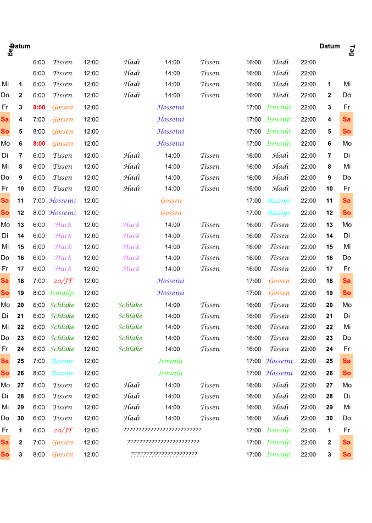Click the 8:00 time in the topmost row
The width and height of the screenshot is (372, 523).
[x=38, y=107]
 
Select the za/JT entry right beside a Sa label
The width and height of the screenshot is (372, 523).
[x=63, y=281]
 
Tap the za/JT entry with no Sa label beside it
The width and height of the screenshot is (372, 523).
[x=63, y=431]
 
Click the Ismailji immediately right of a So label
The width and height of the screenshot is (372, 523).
[x=62, y=293]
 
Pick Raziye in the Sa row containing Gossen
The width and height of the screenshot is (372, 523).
[x=279, y=201]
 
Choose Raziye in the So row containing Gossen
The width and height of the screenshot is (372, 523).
[x=279, y=213]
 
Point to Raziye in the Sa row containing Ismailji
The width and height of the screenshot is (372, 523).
[x=62, y=361]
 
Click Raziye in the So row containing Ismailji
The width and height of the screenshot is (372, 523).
[x=62, y=373]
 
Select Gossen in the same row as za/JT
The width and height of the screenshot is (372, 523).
[x=279, y=281]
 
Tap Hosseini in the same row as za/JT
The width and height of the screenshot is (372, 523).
[x=170, y=281]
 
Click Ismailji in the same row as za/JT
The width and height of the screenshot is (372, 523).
[x=279, y=431]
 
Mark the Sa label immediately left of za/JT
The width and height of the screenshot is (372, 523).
[x=5, y=281]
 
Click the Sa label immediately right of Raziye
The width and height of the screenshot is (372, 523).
[x=346, y=201]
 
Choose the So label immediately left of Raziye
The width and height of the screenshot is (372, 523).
[x=5, y=373]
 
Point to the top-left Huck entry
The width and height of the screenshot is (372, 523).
[x=63, y=225]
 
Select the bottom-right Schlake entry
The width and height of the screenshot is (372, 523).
[x=130, y=349]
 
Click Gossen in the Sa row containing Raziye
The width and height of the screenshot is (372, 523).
[x=171, y=201]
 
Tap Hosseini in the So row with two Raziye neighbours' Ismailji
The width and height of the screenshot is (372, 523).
[x=279, y=373]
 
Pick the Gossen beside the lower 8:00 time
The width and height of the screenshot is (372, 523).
[x=63, y=144]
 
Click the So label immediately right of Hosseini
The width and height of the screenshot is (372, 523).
[x=346, y=373]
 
